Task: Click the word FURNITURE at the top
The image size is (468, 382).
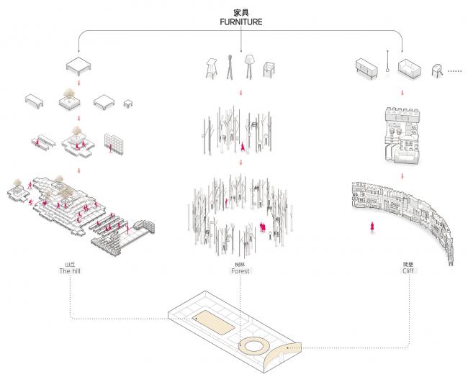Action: pyautogui.click(x=240, y=22)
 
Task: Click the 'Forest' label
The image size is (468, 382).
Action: pyautogui.click(x=240, y=271)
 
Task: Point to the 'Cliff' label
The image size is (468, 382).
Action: pyautogui.click(x=408, y=271)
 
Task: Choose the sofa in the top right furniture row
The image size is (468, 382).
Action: pyautogui.click(x=409, y=68)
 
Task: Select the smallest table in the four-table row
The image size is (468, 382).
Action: pyautogui.click(x=128, y=104)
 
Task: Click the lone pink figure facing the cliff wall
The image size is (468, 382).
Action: pyautogui.click(x=372, y=227)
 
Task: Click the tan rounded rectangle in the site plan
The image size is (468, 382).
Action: pyautogui.click(x=214, y=324)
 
